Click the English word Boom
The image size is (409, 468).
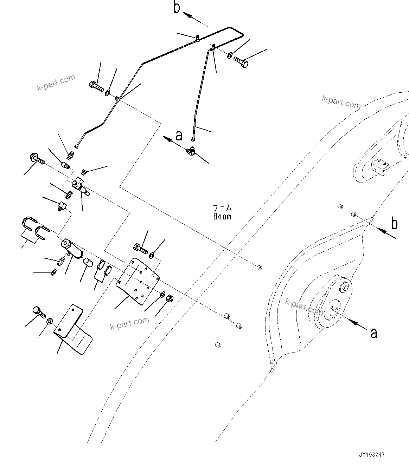[x=222, y=217]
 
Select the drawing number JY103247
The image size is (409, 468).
[x=372, y=454]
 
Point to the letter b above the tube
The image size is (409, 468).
[x=177, y=8]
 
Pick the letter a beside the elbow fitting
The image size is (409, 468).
[x=179, y=135]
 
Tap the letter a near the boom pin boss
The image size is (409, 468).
[x=374, y=332]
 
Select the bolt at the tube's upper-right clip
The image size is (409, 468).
[x=241, y=62]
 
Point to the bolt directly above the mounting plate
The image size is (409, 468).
[x=140, y=249]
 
